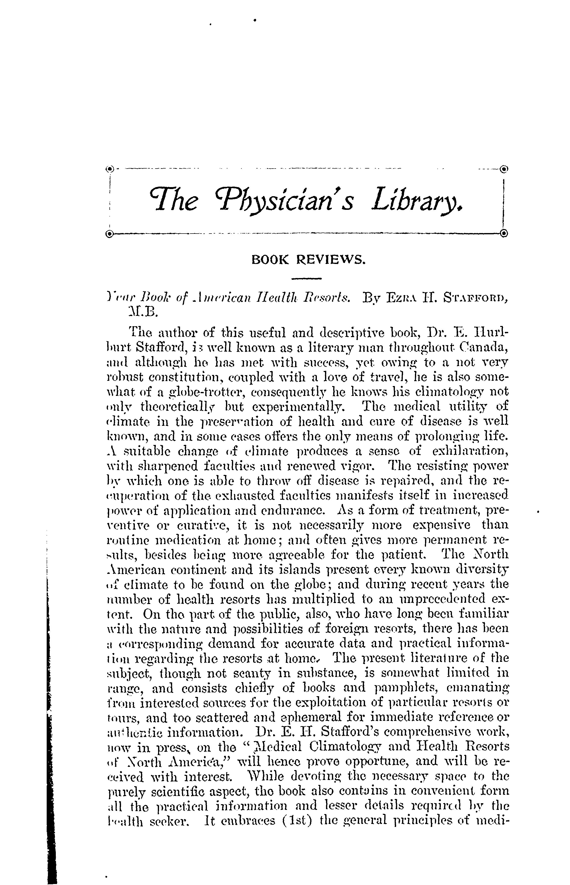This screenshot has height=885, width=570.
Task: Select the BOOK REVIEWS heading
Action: [308, 260]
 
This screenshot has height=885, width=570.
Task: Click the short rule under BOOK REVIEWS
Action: [307, 279]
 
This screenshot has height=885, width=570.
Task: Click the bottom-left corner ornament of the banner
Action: [109, 234]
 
